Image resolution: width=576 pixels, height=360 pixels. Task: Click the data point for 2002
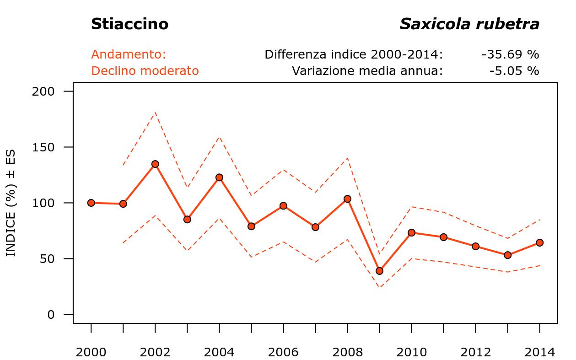point(155,164)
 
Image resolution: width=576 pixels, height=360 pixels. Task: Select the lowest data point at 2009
point(379,271)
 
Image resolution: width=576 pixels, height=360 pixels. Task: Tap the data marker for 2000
point(91,203)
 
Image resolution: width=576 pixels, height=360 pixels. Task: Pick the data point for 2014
point(539,242)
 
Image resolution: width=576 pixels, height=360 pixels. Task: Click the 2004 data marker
point(219,177)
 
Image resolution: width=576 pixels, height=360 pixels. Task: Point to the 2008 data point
point(347,199)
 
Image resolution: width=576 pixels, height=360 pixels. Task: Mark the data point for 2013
point(507,255)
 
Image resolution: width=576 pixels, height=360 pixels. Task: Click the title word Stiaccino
point(129,24)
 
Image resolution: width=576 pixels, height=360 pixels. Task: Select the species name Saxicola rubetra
point(469,24)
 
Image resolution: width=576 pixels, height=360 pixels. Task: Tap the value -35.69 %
point(510,54)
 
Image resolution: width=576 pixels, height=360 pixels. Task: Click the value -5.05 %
point(514,71)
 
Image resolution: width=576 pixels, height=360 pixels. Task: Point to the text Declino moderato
point(145,71)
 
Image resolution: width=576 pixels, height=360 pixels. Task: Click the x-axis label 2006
point(283,352)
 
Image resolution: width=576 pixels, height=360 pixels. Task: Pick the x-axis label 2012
point(475,352)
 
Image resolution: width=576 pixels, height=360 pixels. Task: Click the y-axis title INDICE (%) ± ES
point(11,203)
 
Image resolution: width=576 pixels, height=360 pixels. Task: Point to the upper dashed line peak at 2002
point(155,112)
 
